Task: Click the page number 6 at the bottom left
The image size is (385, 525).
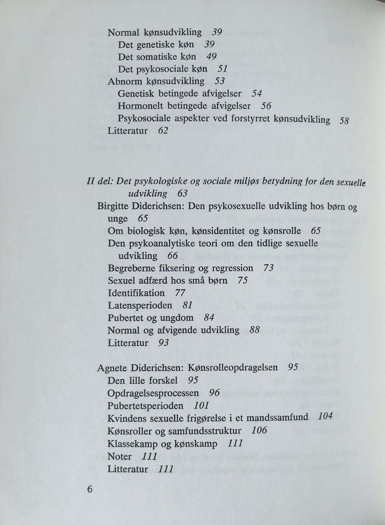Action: (89, 489)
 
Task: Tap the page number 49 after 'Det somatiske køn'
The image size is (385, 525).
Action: (211, 57)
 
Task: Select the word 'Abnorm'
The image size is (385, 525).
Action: (125, 81)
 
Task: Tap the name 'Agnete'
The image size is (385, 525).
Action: (112, 368)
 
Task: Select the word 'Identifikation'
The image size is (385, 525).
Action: (136, 293)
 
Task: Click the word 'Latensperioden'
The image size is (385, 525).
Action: (140, 305)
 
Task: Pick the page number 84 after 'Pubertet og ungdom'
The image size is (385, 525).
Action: (209, 318)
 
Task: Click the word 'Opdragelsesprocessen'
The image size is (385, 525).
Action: (153, 393)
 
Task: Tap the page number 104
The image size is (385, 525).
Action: (325, 417)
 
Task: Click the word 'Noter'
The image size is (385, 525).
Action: (120, 456)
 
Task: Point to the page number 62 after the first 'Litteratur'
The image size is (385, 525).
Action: (162, 131)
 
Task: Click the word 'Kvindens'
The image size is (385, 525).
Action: (127, 418)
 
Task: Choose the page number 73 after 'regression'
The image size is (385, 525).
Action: (269, 268)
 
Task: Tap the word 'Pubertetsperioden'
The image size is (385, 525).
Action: (146, 406)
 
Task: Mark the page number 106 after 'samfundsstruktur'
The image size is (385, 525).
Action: (259, 431)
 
